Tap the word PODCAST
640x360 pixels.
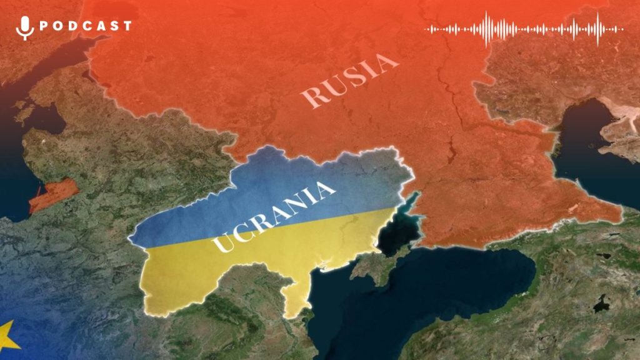85,26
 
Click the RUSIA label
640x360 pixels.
349,79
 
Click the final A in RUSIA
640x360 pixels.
388,62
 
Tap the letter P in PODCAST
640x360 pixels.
44,26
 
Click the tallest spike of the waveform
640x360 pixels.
597,29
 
